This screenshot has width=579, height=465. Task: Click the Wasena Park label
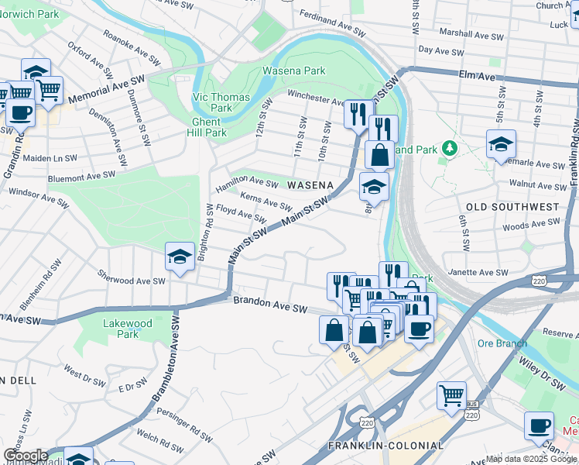pyautogui.click(x=293, y=71)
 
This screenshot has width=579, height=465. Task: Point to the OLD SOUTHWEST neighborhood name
pyautogui.click(x=512, y=207)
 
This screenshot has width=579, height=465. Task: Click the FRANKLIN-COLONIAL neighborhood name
pyautogui.click(x=385, y=446)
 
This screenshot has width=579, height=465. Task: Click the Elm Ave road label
pyautogui.click(x=476, y=77)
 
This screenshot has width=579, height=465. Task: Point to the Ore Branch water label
pyautogui.click(x=502, y=343)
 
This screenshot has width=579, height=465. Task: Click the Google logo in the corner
pyautogui.click(x=25, y=456)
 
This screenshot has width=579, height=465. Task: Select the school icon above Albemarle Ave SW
pyautogui.click(x=501, y=144)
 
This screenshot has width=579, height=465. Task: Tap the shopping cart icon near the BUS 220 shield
pyautogui.click(x=451, y=395)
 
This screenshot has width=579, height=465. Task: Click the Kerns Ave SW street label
pyautogui.click(x=266, y=201)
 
